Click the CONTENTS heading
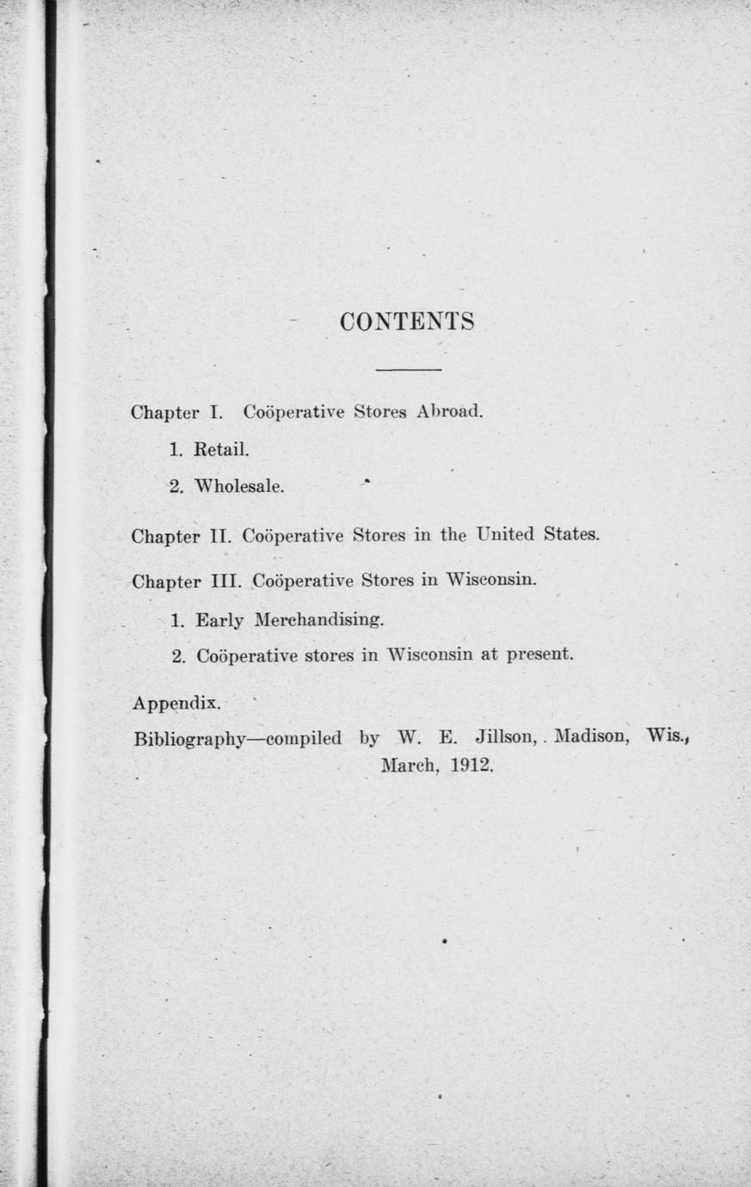pos(407,322)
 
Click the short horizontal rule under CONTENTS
pos(409,370)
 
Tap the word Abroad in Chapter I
pos(450,411)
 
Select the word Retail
pos(222,449)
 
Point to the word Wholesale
pos(239,487)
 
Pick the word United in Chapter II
pos(505,534)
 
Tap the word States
pos(571,534)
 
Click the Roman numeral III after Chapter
pos(226,581)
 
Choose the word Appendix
pos(176,704)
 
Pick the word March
pos(409,765)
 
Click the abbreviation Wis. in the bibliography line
pos(668,736)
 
